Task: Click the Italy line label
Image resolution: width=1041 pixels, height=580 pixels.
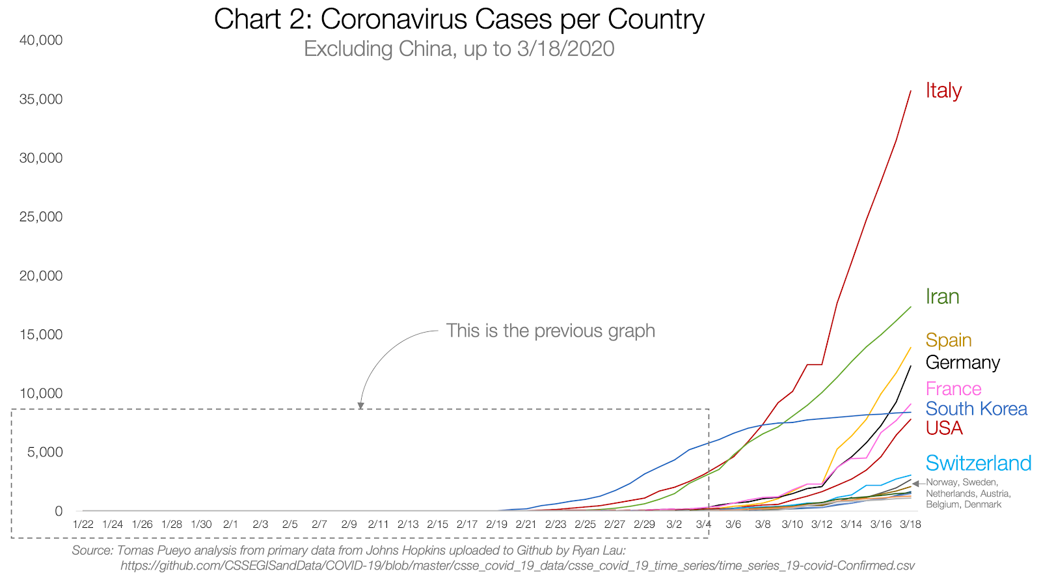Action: pyautogui.click(x=943, y=90)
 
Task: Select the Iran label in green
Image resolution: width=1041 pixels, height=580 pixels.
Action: pyautogui.click(x=942, y=297)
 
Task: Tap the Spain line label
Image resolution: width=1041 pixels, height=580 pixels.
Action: pyautogui.click(x=949, y=340)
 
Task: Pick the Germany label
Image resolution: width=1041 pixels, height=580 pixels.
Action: pyautogui.click(x=962, y=363)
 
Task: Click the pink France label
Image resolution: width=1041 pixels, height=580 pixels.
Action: pyautogui.click(x=953, y=389)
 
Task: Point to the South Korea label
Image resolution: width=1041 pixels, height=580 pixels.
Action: pyautogui.click(x=976, y=409)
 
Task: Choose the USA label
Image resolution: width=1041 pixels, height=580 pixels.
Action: pyautogui.click(x=944, y=428)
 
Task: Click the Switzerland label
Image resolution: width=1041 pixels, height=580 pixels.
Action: pyautogui.click(x=978, y=463)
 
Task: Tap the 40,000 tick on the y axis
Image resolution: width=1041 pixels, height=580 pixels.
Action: pyautogui.click(x=41, y=40)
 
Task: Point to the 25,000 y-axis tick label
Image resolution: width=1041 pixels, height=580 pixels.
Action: pyautogui.click(x=41, y=217)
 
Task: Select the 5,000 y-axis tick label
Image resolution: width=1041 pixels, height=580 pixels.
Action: pyautogui.click(x=45, y=452)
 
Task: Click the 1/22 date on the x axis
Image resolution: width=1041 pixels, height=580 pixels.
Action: pyautogui.click(x=83, y=524)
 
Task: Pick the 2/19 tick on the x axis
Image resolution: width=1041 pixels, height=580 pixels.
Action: pyautogui.click(x=496, y=524)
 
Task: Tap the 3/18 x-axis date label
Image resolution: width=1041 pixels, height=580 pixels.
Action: pyautogui.click(x=910, y=524)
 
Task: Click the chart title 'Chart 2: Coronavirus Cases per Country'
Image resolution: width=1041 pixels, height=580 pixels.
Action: pyautogui.click(x=459, y=20)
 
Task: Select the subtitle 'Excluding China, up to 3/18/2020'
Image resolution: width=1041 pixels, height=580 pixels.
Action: pyautogui.click(x=459, y=49)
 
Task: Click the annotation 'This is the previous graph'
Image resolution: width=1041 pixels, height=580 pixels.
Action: pyautogui.click(x=550, y=331)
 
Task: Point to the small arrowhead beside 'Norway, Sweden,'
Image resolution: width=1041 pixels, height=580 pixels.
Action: pyautogui.click(x=916, y=484)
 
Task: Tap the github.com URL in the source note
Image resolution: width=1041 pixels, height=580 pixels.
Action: pyautogui.click(x=517, y=566)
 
